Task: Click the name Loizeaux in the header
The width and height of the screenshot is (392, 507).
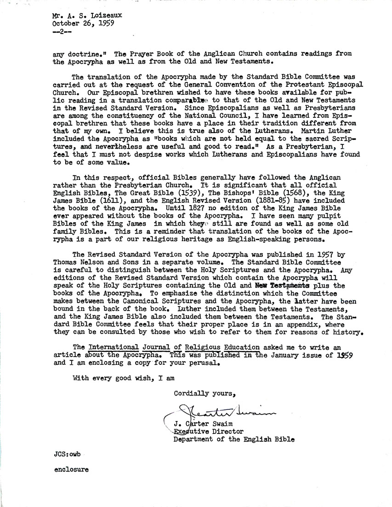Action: pyautogui.click(x=100, y=14)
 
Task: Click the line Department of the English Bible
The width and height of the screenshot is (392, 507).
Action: pyautogui.click(x=233, y=439)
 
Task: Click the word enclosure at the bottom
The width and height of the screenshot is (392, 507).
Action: pyautogui.click(x=71, y=470)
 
